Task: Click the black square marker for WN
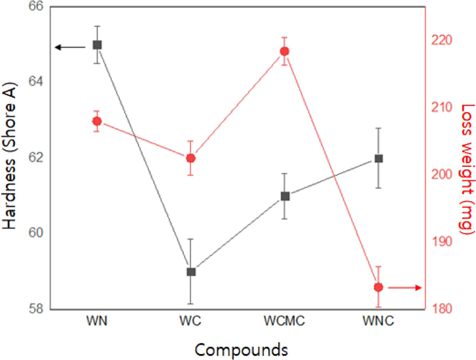[x=97, y=45]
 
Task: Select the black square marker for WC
[x=191, y=272]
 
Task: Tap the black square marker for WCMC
[x=285, y=196]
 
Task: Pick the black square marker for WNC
[x=379, y=159]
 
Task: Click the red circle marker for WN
[x=97, y=121]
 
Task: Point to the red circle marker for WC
[x=191, y=158]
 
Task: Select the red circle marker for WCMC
[x=285, y=51]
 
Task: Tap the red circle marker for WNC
[x=379, y=287]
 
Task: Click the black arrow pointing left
[x=70, y=47]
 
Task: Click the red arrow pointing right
[x=405, y=288]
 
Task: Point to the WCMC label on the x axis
[x=284, y=321]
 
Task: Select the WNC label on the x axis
[x=379, y=321]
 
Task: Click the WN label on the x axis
[x=97, y=321]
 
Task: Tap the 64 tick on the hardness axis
[x=36, y=82]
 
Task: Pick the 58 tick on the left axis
[x=36, y=308]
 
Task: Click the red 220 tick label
[x=441, y=40]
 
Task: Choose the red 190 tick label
[x=441, y=242]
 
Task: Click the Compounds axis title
[x=241, y=350]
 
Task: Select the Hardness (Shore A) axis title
[x=9, y=156]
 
